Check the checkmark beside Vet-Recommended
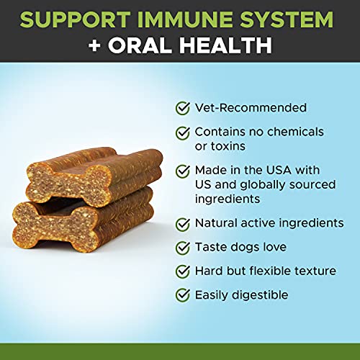coord(184,108)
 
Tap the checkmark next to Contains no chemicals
coord(184,132)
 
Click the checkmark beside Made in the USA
coord(184,171)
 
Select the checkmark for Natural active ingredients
coord(184,223)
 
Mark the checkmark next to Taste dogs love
coord(184,247)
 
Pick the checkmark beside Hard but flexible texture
coord(184,271)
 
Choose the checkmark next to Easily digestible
coord(184,294)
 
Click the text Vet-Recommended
coord(240,108)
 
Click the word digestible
coord(259,294)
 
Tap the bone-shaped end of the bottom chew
coord(43,218)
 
